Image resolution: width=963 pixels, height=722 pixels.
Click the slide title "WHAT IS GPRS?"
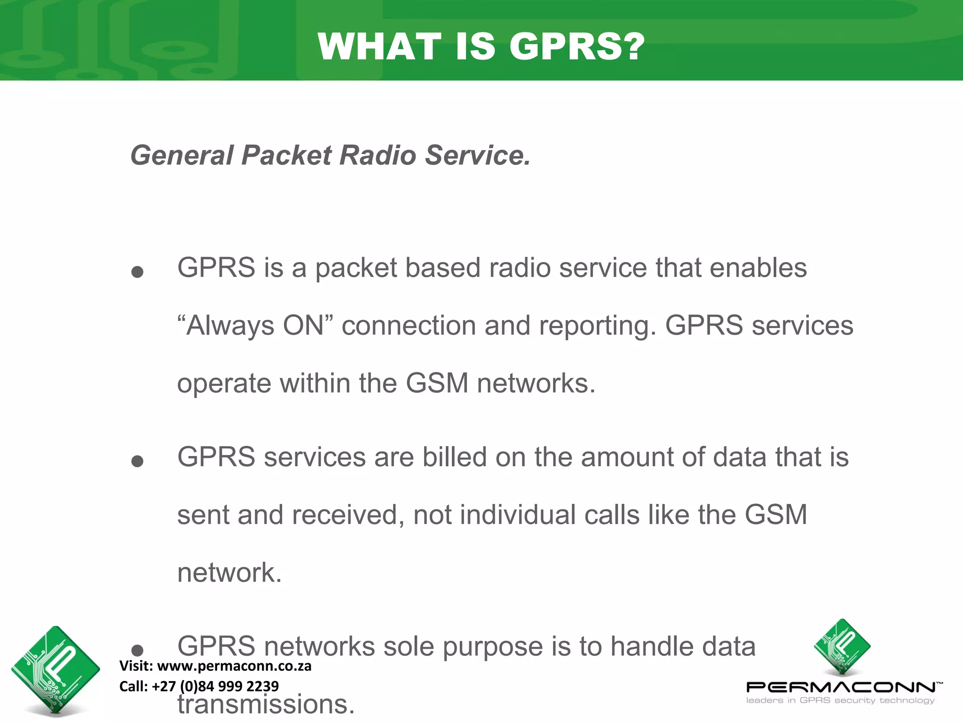pos(481,47)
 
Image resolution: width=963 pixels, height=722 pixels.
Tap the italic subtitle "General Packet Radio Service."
pos(330,155)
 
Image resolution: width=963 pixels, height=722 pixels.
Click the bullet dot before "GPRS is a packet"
pos(137,272)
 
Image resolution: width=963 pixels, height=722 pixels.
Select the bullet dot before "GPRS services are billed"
pos(137,461)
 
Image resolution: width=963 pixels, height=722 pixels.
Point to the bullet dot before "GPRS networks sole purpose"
pos(137,650)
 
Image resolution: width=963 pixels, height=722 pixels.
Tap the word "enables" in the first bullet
pos(758,268)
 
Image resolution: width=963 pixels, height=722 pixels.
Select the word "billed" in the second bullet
pos(454,457)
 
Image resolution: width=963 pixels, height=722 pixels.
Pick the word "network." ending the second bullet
pos(229,573)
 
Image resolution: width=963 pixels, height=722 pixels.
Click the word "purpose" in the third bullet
pos(493,647)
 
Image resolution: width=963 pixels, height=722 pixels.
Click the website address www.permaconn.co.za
pos(234,666)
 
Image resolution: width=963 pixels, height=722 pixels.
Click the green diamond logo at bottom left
pos(55,669)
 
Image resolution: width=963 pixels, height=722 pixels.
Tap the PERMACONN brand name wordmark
pos(842,687)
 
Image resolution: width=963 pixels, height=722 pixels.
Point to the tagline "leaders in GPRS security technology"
pos(840,700)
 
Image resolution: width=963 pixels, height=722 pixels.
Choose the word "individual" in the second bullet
pos(518,515)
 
